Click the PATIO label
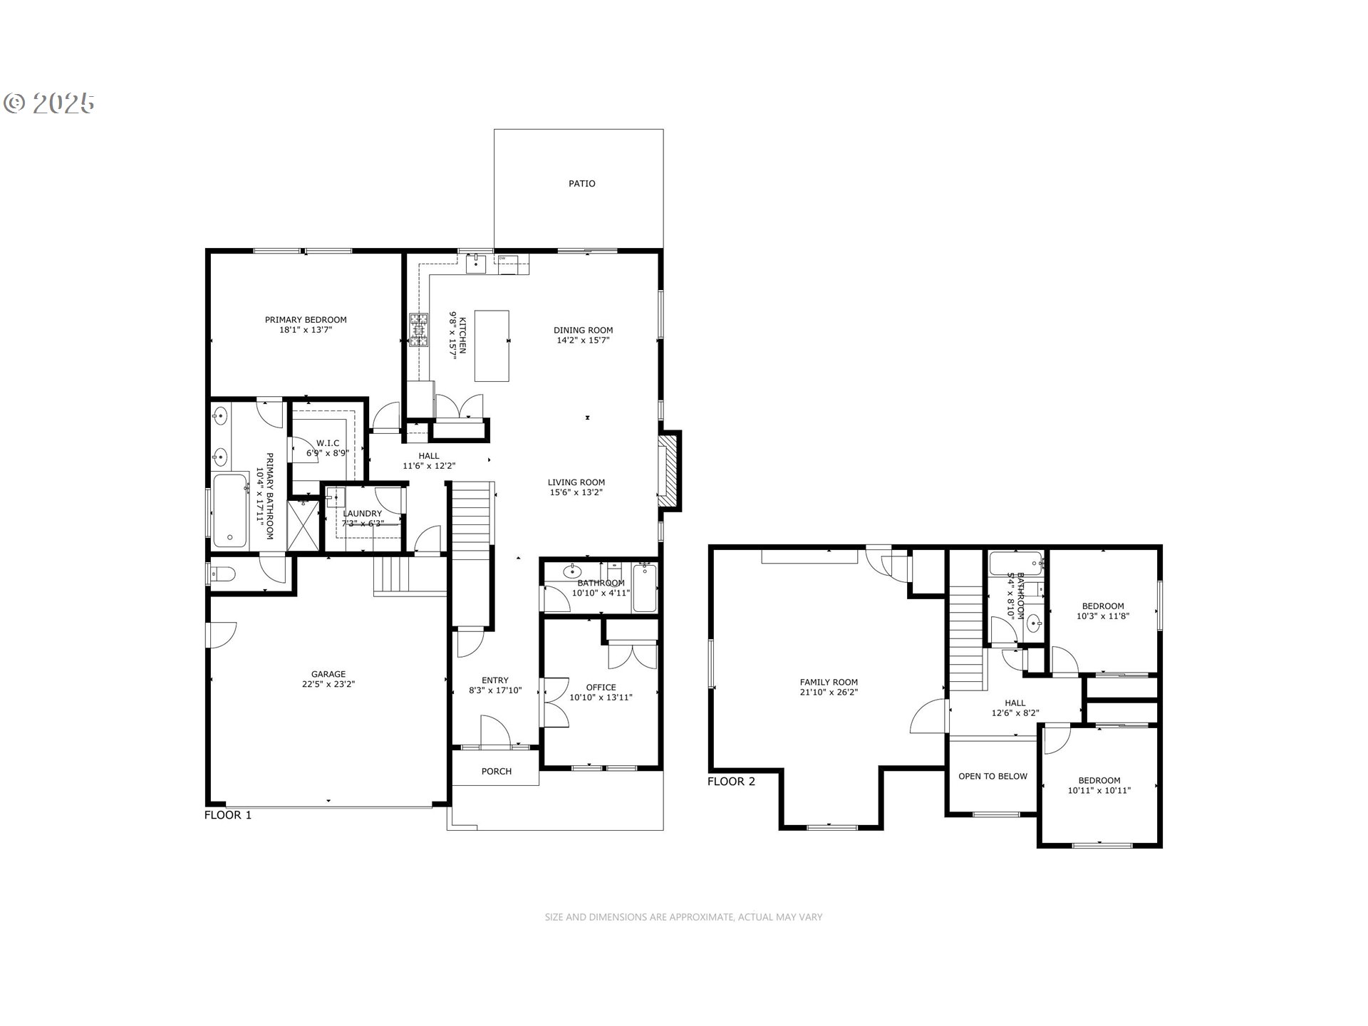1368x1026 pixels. (x=581, y=184)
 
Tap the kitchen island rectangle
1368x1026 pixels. (x=492, y=346)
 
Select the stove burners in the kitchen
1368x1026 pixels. (x=419, y=330)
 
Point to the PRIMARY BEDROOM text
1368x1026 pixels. (x=306, y=320)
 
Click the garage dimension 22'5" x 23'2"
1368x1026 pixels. (x=328, y=684)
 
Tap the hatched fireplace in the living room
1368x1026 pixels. (x=668, y=471)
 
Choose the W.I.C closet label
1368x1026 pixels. (x=328, y=443)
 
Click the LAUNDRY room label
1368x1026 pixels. (x=362, y=514)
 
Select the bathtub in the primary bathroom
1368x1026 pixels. (x=229, y=510)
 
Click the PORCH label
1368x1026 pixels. (x=496, y=772)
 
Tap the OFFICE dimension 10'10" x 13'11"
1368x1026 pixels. (x=601, y=698)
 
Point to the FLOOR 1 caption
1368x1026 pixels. (x=228, y=815)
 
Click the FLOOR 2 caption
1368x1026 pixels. (x=731, y=782)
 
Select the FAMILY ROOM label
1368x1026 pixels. (x=829, y=682)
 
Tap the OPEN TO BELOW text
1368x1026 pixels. (x=993, y=776)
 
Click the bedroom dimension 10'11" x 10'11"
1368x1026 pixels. (x=1099, y=790)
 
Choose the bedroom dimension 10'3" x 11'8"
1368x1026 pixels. (x=1102, y=616)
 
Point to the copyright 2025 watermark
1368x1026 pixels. (x=49, y=103)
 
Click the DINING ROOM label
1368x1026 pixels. (x=583, y=330)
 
